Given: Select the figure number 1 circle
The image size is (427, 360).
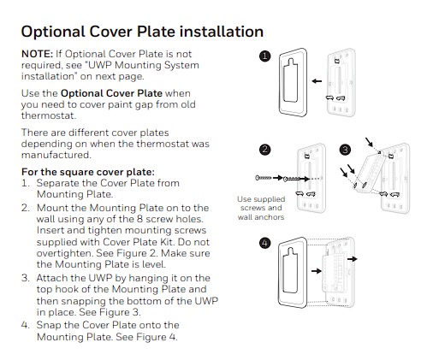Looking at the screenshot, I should [265, 56].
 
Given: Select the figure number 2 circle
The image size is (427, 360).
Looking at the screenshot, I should [265, 150].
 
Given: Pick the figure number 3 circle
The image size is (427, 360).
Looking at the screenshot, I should [345, 150].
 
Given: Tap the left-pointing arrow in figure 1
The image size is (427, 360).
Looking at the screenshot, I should [317, 82].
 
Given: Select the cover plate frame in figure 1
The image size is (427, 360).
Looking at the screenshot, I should [289, 85].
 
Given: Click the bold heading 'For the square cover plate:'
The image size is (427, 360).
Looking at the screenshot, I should [87, 172].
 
